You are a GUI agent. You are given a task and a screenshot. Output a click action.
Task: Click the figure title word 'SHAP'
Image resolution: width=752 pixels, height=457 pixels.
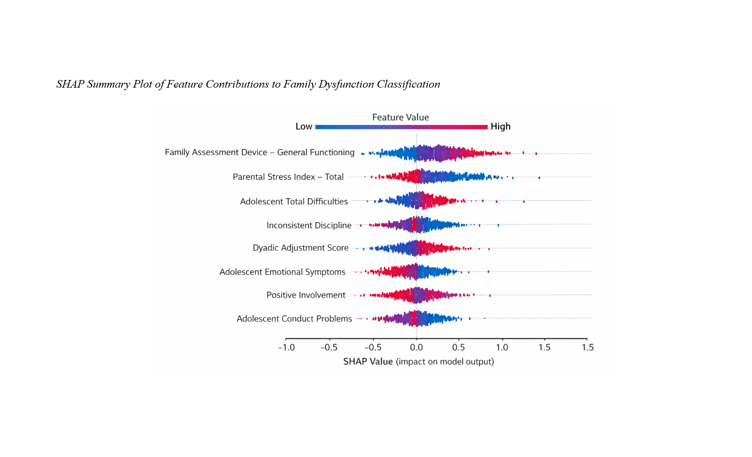pyautogui.click(x=70, y=84)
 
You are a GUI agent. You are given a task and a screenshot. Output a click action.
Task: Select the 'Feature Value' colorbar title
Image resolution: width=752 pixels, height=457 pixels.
pyautogui.click(x=400, y=117)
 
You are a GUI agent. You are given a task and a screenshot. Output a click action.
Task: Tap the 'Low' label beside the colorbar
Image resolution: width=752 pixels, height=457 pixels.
pyautogui.click(x=304, y=127)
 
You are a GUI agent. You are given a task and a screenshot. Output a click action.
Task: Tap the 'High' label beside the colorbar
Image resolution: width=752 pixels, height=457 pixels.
pyautogui.click(x=500, y=127)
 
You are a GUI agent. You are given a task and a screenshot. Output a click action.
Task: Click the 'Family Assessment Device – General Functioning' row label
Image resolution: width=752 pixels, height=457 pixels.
pyautogui.click(x=259, y=152)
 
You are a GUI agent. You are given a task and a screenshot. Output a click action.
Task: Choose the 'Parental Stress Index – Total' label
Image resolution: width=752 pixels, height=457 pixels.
pyautogui.click(x=288, y=177)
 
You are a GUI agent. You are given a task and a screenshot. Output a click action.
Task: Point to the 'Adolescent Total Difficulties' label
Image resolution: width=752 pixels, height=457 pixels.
pyautogui.click(x=294, y=201)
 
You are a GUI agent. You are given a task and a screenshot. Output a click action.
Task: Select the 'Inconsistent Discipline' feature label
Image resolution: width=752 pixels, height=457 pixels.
pyautogui.click(x=309, y=225)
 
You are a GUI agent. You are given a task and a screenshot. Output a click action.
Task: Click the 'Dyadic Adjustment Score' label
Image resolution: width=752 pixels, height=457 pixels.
pyautogui.click(x=300, y=248)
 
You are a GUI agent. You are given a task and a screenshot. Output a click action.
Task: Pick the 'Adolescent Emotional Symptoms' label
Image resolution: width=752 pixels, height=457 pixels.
pyautogui.click(x=282, y=272)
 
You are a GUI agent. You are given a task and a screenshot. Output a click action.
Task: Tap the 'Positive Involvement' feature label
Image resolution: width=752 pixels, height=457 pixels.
pyautogui.click(x=306, y=295)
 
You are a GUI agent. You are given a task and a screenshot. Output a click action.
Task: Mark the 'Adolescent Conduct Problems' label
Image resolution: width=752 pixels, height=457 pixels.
pyautogui.click(x=294, y=318)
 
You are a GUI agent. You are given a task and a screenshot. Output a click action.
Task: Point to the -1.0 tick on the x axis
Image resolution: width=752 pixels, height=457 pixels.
pyautogui.click(x=286, y=347)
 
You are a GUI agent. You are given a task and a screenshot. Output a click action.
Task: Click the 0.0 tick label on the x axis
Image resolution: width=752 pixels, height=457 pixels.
pyautogui.click(x=416, y=347)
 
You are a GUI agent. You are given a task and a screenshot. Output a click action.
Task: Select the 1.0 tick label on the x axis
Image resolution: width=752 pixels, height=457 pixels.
pyautogui.click(x=502, y=347)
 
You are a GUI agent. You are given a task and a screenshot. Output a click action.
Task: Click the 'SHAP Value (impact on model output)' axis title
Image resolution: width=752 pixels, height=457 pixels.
pyautogui.click(x=418, y=361)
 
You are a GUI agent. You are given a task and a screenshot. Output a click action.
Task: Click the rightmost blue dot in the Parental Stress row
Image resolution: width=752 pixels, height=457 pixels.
pyautogui.click(x=539, y=178)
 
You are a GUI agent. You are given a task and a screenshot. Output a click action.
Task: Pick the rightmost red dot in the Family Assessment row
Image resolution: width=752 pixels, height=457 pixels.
pyautogui.click(x=536, y=153)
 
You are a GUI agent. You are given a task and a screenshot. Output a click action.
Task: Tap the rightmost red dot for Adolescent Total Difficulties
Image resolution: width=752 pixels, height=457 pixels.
pyautogui.click(x=524, y=202)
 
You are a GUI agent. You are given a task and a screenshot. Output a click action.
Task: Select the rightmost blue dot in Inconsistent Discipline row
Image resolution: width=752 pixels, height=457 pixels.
pyautogui.click(x=498, y=225)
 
